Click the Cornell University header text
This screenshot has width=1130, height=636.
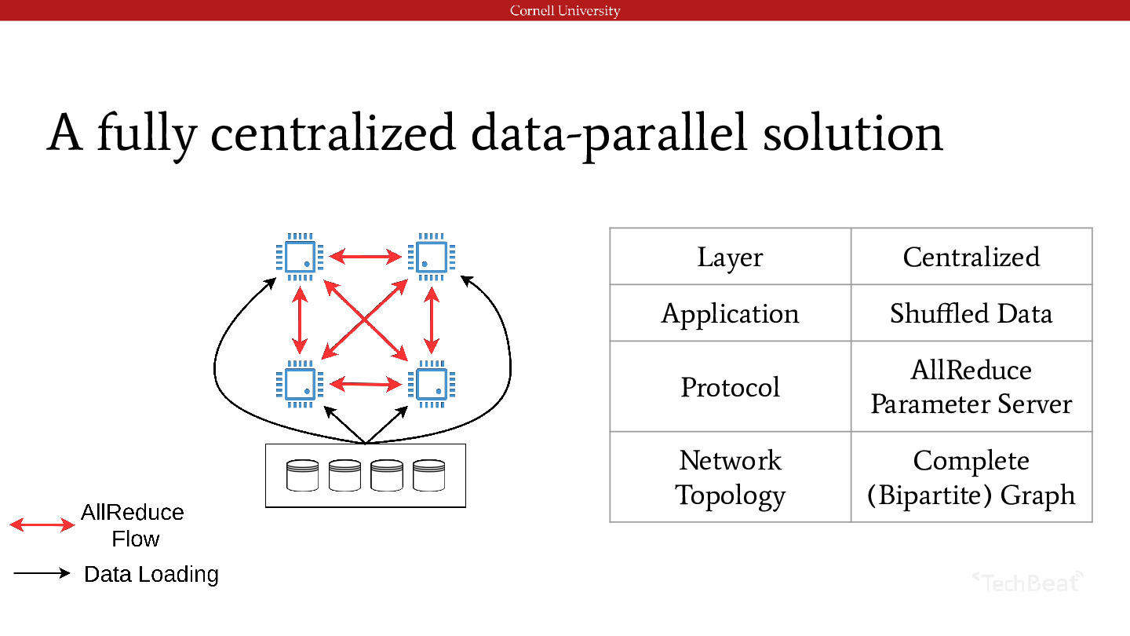[x=565, y=11]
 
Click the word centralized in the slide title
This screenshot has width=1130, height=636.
[x=334, y=133]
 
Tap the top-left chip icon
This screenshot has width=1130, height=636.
[x=300, y=257]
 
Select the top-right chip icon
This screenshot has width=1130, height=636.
[x=432, y=257]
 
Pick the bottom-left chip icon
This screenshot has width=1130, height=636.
[x=300, y=384]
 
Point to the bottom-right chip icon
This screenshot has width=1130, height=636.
[x=432, y=384]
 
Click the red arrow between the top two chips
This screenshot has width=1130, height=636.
[x=366, y=257]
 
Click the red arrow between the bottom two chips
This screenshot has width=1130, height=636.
[x=366, y=384]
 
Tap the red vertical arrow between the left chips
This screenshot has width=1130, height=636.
[x=300, y=320]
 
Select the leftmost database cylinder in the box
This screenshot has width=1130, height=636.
[x=302, y=475]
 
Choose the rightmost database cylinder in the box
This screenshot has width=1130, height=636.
[x=428, y=475]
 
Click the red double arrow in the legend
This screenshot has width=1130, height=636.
[x=42, y=525]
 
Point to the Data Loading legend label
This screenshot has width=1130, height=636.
[x=151, y=575]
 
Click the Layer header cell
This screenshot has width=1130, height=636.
[x=730, y=258]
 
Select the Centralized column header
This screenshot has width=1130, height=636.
[x=971, y=257]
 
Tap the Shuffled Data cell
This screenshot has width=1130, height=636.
[x=971, y=313]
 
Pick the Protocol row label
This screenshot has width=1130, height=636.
[x=730, y=387]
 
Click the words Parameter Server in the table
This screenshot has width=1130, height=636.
[x=971, y=404]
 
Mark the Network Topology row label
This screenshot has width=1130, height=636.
[x=730, y=477]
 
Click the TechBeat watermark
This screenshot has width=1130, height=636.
[x=1028, y=582]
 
